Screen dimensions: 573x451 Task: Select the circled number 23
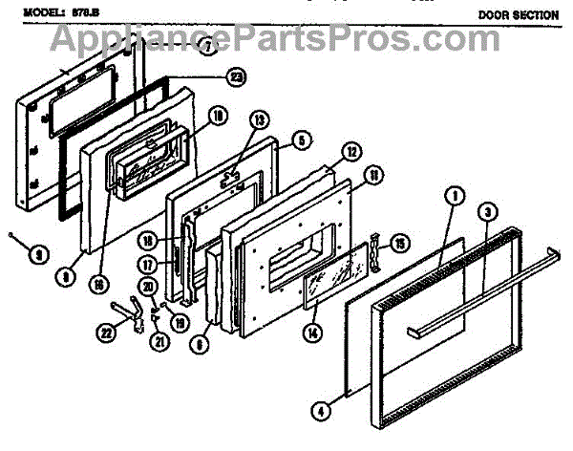[x=234, y=76]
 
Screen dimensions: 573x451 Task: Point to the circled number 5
[x=302, y=139]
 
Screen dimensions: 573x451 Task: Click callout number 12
[x=351, y=153]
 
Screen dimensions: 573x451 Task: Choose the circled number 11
[x=373, y=175]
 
